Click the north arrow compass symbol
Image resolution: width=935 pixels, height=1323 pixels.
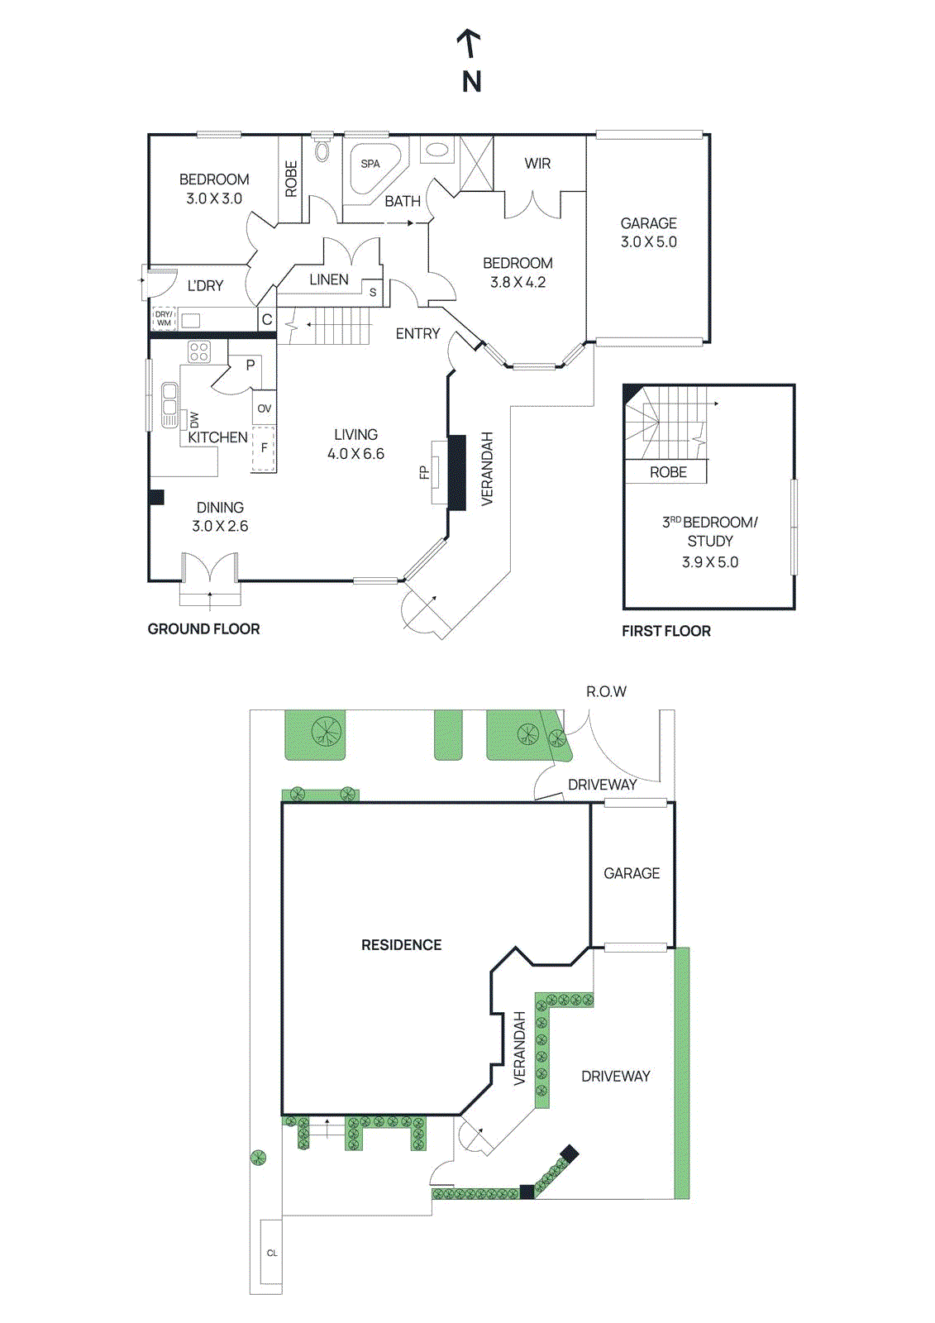coord(470,61)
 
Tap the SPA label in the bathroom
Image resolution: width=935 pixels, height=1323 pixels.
coord(370,164)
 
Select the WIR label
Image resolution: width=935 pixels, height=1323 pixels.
coord(537,163)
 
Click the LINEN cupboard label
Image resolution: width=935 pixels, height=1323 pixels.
coord(329,279)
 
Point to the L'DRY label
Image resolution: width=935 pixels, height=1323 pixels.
coord(205,286)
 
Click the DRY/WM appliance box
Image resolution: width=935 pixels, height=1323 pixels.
coord(165,319)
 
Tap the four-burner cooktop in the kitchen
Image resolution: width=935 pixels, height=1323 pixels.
coord(199,352)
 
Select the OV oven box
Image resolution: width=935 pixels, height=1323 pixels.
coord(264,408)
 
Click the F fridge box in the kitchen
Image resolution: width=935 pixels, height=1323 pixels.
coord(264,448)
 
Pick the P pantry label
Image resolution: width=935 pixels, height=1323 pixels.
coord(250,365)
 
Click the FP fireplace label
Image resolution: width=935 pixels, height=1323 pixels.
coord(424,472)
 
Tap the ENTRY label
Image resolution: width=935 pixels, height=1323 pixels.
coord(417,334)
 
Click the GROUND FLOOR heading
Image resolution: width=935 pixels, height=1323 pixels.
coord(203,629)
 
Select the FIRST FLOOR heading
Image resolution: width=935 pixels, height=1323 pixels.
coord(666,632)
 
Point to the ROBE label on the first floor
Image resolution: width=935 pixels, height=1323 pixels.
coord(668,472)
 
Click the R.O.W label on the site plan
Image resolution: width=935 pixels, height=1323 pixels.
coord(607,691)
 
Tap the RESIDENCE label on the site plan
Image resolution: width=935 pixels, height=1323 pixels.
coord(402,945)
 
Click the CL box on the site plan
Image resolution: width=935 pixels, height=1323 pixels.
coord(272,1253)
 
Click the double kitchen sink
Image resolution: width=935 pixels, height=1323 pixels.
coord(169,405)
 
